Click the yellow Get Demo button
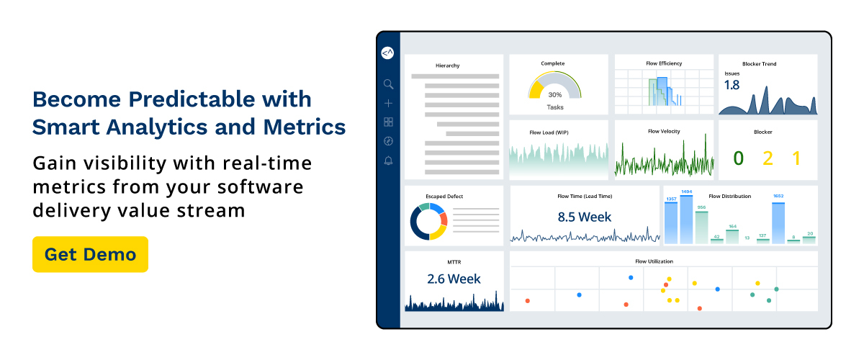click(x=90, y=254)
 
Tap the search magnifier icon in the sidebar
click(x=388, y=84)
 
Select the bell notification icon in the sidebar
click(x=388, y=160)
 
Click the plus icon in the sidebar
click(x=388, y=103)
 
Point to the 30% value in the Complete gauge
click(x=554, y=94)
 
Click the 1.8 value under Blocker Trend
click(x=732, y=85)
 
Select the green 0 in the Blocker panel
click(x=738, y=158)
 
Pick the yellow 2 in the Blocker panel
click(x=768, y=158)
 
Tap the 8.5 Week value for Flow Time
click(x=584, y=217)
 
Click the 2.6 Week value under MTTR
click(x=454, y=279)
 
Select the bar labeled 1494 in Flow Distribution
click(x=686, y=220)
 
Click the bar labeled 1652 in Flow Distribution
click(x=778, y=223)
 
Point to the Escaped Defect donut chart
click(x=429, y=222)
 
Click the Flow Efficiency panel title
click(x=664, y=63)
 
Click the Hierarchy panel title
click(x=447, y=66)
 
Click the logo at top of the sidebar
click(x=388, y=53)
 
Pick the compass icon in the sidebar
click(x=388, y=141)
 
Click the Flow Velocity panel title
click(x=664, y=131)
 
